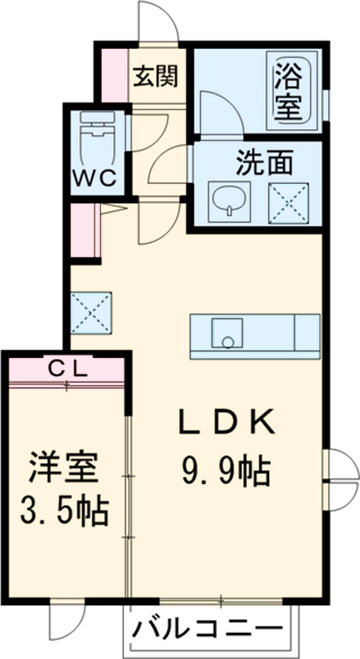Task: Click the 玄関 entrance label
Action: (155, 77)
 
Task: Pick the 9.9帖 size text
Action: (224, 472)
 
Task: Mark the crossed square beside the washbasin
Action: (287, 199)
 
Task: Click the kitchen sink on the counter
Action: (227, 334)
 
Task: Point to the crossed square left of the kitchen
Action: (91, 312)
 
